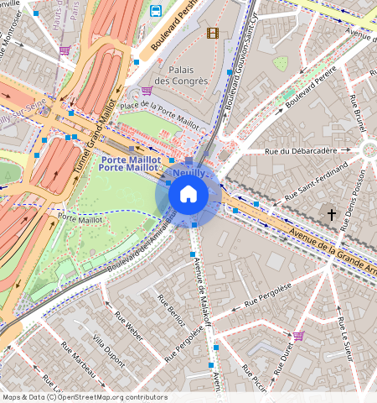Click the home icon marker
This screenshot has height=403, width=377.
(x=188, y=195)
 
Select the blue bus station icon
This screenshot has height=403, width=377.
(x=157, y=11)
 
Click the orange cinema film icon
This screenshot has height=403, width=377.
(x=212, y=33)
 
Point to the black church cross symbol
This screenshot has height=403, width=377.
(x=331, y=215)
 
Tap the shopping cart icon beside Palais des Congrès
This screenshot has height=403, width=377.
(x=147, y=91)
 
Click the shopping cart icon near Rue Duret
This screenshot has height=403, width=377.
(x=299, y=336)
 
